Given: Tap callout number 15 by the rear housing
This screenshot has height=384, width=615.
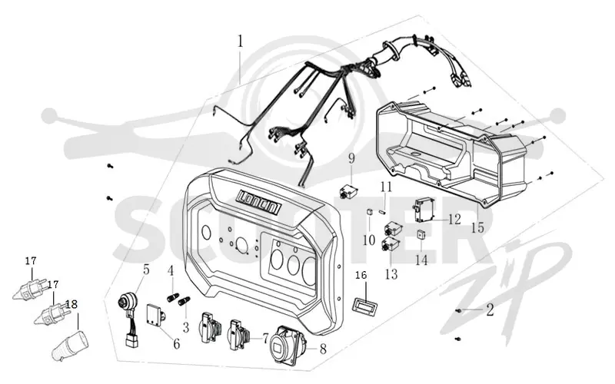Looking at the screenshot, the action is (x=477, y=227).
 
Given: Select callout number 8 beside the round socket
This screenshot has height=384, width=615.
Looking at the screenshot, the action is (x=323, y=349).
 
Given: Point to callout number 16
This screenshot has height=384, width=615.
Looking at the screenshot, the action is (x=361, y=276).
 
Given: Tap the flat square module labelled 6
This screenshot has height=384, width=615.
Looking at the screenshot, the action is (x=156, y=315).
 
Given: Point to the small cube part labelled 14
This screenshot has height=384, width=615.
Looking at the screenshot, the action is (x=421, y=235).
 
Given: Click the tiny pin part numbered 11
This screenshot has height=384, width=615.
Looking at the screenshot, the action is (x=383, y=211).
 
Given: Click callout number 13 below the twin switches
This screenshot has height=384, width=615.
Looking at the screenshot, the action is (x=391, y=274).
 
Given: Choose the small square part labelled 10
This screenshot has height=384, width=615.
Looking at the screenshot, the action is (x=369, y=213).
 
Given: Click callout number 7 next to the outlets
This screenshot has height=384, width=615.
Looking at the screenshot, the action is (x=265, y=337).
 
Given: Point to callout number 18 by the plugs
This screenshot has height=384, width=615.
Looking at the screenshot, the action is (x=71, y=303).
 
